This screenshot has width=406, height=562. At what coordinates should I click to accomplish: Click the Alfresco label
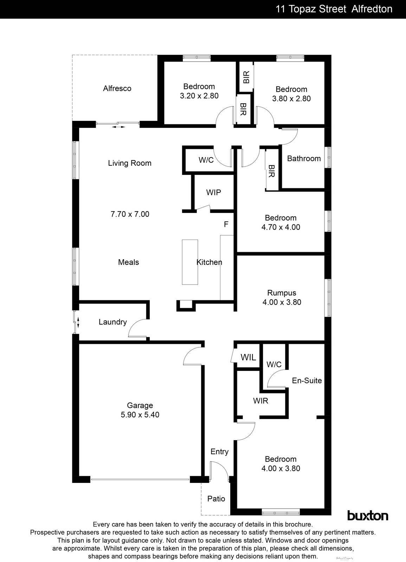[x=117, y=89]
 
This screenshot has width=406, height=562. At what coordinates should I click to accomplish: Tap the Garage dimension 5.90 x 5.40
[x=140, y=415]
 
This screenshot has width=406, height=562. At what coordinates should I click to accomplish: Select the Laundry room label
[x=112, y=322]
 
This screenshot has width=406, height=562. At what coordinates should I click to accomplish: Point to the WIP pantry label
[x=213, y=192]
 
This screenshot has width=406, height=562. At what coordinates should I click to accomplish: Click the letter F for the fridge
[x=226, y=224]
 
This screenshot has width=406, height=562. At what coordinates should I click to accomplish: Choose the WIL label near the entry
[x=248, y=358]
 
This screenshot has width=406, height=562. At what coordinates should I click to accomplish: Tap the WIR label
[x=260, y=401]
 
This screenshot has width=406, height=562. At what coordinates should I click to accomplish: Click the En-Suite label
[x=307, y=380]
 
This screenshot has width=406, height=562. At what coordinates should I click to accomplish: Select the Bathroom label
[x=304, y=158]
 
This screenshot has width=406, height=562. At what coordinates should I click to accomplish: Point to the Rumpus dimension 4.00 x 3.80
[x=282, y=302]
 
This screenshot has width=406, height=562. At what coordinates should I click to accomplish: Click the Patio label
[x=216, y=499]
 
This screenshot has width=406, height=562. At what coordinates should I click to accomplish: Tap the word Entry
[x=219, y=452]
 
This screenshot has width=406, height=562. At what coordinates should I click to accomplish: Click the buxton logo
[x=368, y=516]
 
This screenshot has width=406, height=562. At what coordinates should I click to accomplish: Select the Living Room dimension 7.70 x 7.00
[x=130, y=214]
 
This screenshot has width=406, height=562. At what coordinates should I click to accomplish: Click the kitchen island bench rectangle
[x=190, y=262]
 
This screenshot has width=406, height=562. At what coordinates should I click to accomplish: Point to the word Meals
[x=128, y=262]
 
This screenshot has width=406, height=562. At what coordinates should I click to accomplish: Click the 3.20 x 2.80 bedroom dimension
[x=199, y=96]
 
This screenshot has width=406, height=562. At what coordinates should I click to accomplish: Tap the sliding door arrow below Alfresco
[x=118, y=127]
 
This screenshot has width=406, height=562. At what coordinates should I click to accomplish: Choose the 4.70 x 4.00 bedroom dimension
[x=281, y=227]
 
